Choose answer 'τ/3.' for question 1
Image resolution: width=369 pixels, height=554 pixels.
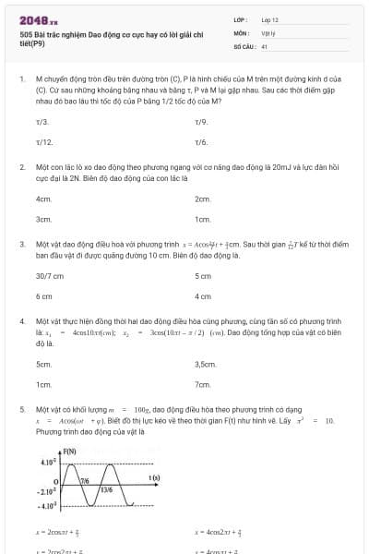point(42,122)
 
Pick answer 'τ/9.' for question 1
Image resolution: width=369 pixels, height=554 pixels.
point(201,122)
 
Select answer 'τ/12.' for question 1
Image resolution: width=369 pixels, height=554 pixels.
point(43,142)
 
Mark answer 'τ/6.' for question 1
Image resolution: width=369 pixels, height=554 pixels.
point(201,142)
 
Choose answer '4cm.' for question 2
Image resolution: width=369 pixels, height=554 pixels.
point(43,199)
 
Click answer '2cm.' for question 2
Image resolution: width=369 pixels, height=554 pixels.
point(203,199)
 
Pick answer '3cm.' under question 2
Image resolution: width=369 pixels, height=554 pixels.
point(43,220)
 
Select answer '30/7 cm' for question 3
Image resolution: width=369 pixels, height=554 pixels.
point(49,276)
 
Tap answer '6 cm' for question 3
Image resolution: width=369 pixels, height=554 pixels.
point(43,296)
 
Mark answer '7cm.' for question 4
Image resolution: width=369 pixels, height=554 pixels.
point(203,384)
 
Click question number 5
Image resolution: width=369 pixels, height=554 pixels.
point(21,407)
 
